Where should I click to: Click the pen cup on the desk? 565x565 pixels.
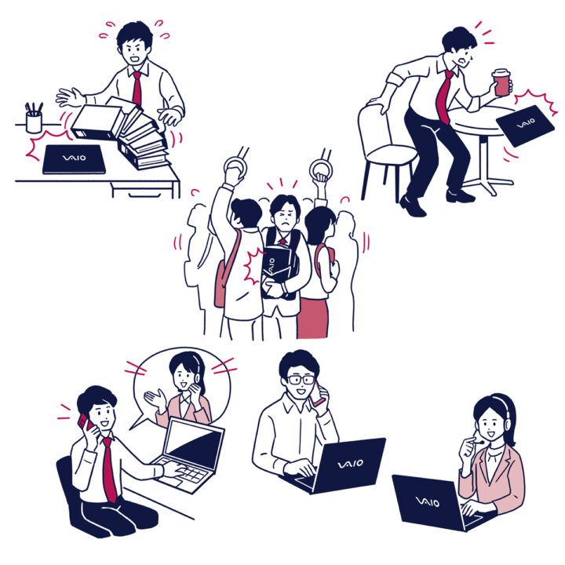tap(34, 122)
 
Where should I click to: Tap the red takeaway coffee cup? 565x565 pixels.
tap(501, 82)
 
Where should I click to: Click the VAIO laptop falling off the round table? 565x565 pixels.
tap(525, 126)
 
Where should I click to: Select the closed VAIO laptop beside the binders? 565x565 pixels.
tap(75, 159)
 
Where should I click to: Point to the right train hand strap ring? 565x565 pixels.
tap(320, 169)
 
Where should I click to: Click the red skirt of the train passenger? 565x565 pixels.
tap(312, 318)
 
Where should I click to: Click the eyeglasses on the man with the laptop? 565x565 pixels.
tap(301, 380)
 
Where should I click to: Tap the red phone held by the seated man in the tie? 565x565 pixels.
tap(85, 421)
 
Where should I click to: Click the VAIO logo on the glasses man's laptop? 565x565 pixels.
tap(351, 463)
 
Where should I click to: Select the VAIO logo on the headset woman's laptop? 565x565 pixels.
tap(428, 501)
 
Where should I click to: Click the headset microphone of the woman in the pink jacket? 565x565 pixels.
tap(477, 440)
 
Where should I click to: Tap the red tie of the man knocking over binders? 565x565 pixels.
tap(137, 89)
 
